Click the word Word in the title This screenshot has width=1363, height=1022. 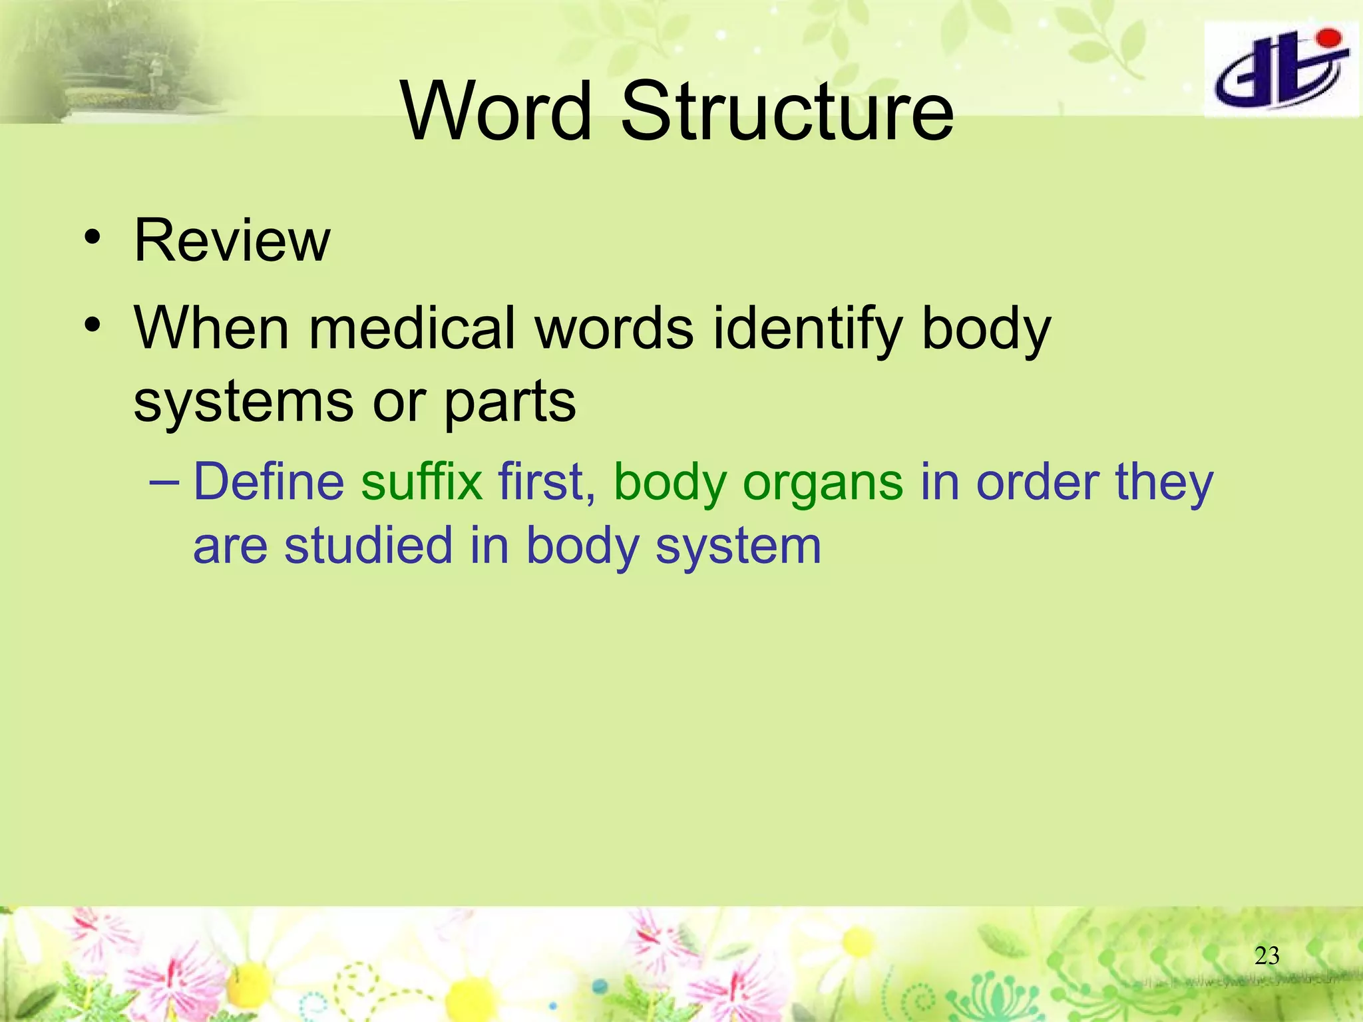click(496, 111)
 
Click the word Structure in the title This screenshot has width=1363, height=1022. click(787, 111)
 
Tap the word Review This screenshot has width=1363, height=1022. click(232, 240)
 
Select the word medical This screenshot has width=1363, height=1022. click(413, 328)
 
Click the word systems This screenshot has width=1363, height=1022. click(243, 402)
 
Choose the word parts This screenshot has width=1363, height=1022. click(509, 403)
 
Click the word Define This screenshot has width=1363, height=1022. click(268, 481)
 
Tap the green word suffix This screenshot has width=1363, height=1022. click(421, 481)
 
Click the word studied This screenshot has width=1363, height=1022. click(369, 545)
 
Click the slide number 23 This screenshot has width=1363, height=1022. click(1266, 956)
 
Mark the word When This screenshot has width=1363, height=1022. click(212, 328)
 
